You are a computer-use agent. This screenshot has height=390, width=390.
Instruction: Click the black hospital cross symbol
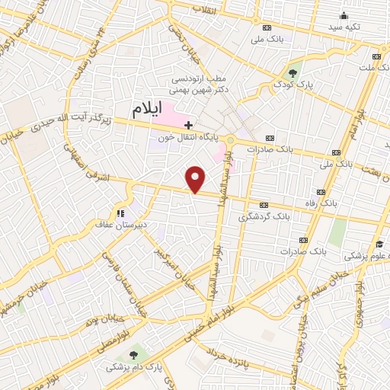point(188,124)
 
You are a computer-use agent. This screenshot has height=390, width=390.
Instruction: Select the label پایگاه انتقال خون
point(188,139)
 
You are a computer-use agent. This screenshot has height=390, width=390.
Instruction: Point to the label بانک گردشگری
point(264,217)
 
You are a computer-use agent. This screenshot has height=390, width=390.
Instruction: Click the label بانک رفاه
point(320,204)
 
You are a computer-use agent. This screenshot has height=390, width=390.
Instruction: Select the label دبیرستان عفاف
point(120,225)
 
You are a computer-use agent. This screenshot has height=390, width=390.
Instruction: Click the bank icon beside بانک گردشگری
point(264,205)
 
